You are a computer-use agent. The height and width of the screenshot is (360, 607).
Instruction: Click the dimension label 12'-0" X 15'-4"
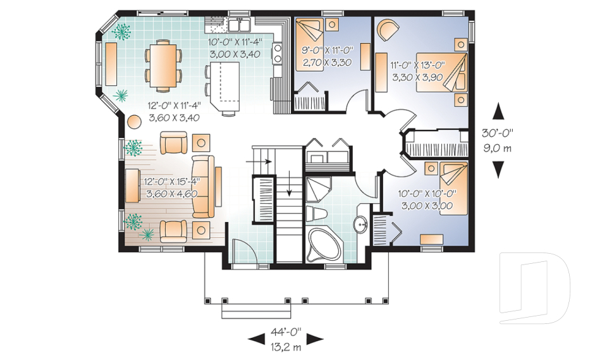point(171,182)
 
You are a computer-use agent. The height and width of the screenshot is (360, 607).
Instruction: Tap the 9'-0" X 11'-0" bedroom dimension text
point(328,50)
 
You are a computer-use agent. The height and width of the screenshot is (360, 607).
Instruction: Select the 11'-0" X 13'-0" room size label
point(418,65)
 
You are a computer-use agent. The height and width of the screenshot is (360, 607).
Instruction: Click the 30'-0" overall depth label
point(498,133)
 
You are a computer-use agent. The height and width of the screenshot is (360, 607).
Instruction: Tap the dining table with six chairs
point(163,65)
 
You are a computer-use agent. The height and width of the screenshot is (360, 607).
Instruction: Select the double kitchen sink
point(240,25)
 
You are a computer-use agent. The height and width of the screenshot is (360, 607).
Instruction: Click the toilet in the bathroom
point(316,214)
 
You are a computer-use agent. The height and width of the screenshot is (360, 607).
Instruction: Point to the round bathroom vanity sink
point(362,225)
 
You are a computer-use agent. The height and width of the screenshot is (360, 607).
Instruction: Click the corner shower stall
point(318,190)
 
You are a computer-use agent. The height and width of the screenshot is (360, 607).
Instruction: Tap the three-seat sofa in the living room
point(203,187)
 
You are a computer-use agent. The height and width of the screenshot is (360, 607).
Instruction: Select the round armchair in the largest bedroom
point(388,30)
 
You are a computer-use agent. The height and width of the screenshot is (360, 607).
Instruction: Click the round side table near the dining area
point(135,122)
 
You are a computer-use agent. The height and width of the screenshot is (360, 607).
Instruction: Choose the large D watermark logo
point(535,287)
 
